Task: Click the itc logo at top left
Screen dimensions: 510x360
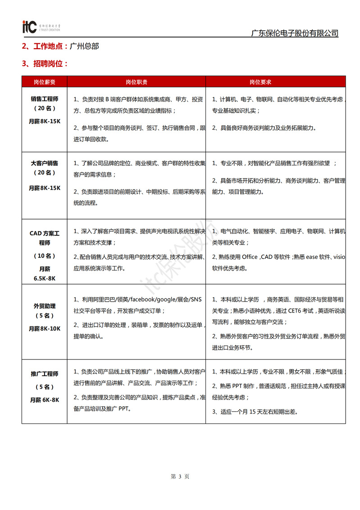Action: tap(29, 27)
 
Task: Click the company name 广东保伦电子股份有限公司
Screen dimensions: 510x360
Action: tap(294, 33)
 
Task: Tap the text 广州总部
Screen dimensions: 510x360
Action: tap(84, 46)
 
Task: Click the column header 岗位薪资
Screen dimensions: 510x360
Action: tap(45, 82)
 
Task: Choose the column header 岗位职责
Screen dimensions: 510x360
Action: tap(137, 82)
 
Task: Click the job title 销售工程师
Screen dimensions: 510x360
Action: tap(45, 99)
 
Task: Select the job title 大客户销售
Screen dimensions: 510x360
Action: tap(45, 163)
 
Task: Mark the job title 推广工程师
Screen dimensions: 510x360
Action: tap(45, 374)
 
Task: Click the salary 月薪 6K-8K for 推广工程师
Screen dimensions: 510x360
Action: tap(45, 400)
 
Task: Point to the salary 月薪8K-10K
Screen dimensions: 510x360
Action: tap(45, 328)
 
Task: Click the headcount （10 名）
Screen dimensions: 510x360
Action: tap(45, 256)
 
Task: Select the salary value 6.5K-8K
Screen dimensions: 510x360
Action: tap(45, 278)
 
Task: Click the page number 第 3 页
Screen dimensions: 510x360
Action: tap(180, 476)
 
